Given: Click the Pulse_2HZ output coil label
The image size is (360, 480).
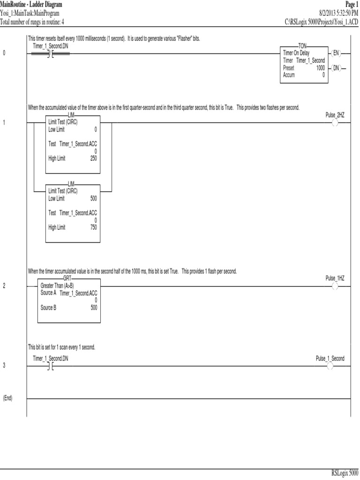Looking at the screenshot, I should pyautogui.click(x=335, y=115).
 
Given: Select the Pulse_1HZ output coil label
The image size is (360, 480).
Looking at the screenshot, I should pyautogui.click(x=335, y=278).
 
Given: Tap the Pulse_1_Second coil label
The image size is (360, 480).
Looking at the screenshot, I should pyautogui.click(x=330, y=359).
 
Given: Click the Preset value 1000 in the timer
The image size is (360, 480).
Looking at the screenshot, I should pyautogui.click(x=320, y=68).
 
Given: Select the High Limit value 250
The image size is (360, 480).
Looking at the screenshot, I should pyautogui.click(x=93, y=158).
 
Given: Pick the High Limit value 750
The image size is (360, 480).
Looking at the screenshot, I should pyautogui.click(x=93, y=227).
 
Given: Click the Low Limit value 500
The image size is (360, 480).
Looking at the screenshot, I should pyautogui.click(x=93, y=198).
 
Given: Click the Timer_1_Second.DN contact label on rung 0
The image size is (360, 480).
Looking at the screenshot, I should pyautogui.click(x=51, y=46).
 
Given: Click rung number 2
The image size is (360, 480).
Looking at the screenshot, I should pyautogui.click(x=4, y=286).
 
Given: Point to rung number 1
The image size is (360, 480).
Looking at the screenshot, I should pyautogui.click(x=4, y=123).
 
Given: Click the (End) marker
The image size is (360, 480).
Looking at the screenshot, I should pyautogui.click(x=7, y=398).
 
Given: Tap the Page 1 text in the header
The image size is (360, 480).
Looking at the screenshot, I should pyautogui.click(x=351, y=4).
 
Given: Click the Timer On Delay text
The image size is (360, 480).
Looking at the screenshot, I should pyautogui.click(x=296, y=53).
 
